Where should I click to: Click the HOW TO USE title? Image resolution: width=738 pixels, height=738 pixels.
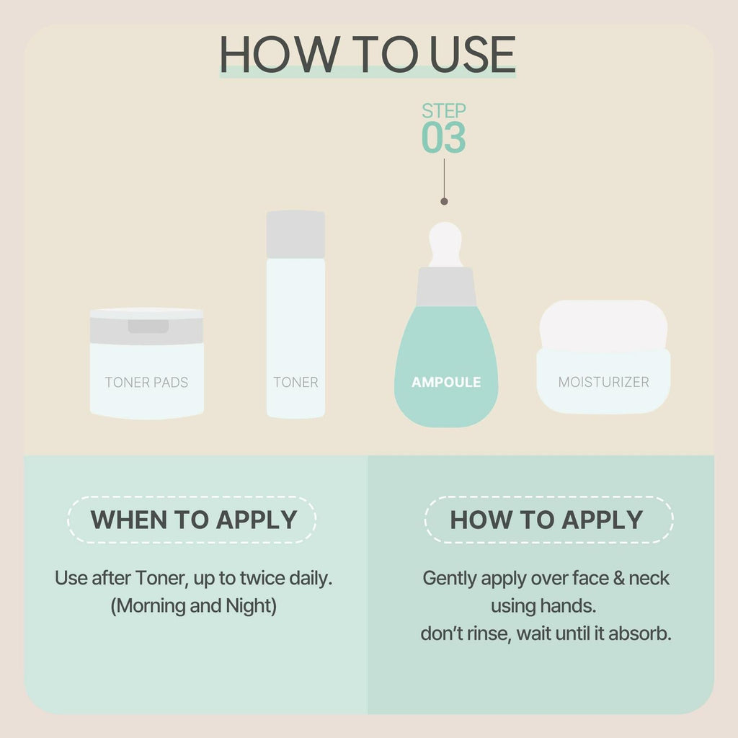tap(368, 54)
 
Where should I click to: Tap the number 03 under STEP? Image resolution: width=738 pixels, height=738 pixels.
tap(443, 138)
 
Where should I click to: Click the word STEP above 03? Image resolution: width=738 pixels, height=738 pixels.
tap(444, 111)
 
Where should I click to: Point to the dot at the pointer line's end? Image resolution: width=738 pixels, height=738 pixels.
tap(444, 202)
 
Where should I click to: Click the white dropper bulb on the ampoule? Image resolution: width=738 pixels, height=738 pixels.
tap(445, 244)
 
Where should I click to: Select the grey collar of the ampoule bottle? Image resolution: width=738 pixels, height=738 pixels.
tap(446, 287)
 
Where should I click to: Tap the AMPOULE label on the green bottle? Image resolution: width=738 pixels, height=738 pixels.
tap(446, 382)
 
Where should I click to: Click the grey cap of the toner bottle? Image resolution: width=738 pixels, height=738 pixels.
tap(295, 234)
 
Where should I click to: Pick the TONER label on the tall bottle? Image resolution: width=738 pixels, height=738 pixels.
tap(295, 382)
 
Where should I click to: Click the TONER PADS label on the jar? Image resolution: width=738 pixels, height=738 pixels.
tap(146, 382)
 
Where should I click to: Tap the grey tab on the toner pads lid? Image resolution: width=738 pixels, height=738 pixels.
tap(148, 326)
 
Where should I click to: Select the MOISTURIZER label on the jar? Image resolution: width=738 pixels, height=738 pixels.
tap(603, 382)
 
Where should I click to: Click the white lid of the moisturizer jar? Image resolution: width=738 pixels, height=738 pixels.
tap(603, 325)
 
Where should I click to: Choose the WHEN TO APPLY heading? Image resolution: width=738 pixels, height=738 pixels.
tap(193, 520)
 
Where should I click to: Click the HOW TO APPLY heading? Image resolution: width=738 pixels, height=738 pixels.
tap(546, 520)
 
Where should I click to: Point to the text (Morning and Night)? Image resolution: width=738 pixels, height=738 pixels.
tap(193, 606)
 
